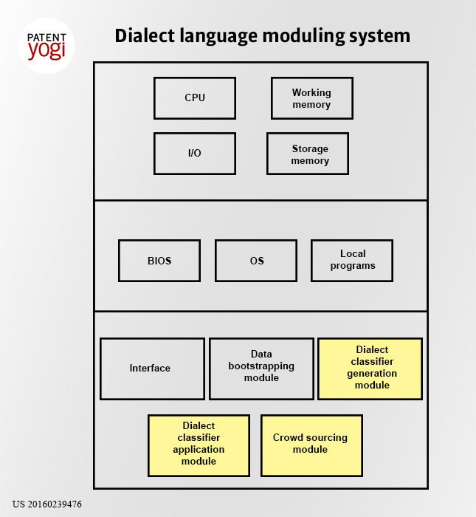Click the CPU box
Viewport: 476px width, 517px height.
click(195, 98)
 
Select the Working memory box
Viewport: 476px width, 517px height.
click(312, 98)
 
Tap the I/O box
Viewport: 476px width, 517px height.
click(195, 154)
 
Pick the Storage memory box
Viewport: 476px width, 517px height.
click(308, 154)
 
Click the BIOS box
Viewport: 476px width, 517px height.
click(159, 261)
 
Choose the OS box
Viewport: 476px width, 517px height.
click(256, 261)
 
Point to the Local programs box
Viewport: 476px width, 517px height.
click(352, 261)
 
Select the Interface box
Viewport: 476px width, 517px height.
click(152, 369)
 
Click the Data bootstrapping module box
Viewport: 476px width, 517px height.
click(261, 369)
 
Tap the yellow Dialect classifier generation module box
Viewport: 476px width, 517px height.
click(370, 369)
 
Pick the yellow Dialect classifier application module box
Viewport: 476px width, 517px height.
click(199, 446)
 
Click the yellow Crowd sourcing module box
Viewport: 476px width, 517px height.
click(311, 446)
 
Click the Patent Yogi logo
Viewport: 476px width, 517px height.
click(46, 46)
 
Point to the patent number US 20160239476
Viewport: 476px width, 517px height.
click(47, 504)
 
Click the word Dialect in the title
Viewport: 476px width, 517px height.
click(145, 35)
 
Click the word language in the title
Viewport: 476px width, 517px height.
click(218, 36)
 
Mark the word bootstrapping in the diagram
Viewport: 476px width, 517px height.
click(261, 366)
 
